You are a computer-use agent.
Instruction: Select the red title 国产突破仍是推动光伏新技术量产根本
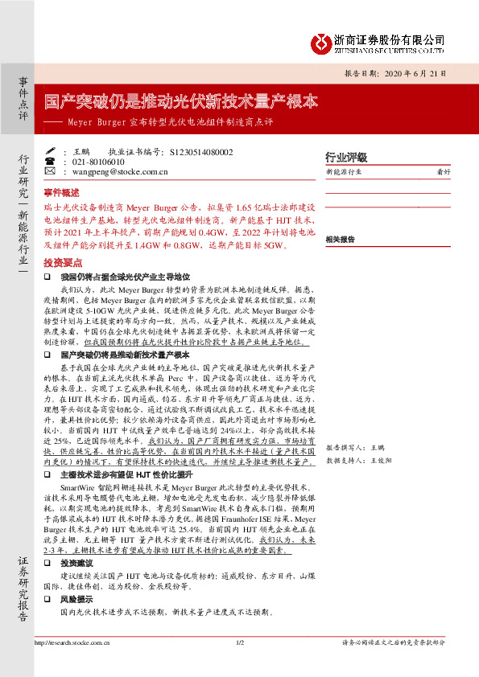point(181,102)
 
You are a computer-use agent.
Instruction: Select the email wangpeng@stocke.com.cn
point(114,171)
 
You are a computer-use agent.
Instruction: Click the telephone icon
point(50,162)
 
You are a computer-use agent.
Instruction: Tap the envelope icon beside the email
point(50,171)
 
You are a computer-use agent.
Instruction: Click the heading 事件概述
point(61,193)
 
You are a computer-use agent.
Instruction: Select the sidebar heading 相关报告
point(340,240)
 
